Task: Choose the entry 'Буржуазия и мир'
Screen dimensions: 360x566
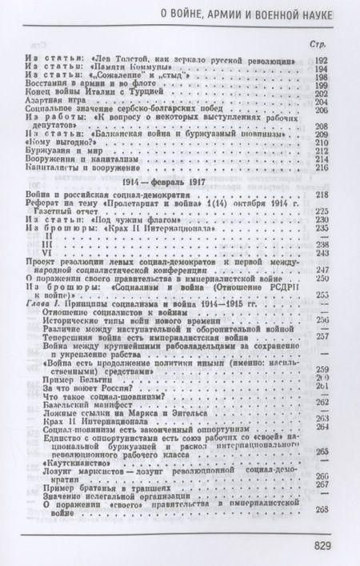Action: coord(75,150)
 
